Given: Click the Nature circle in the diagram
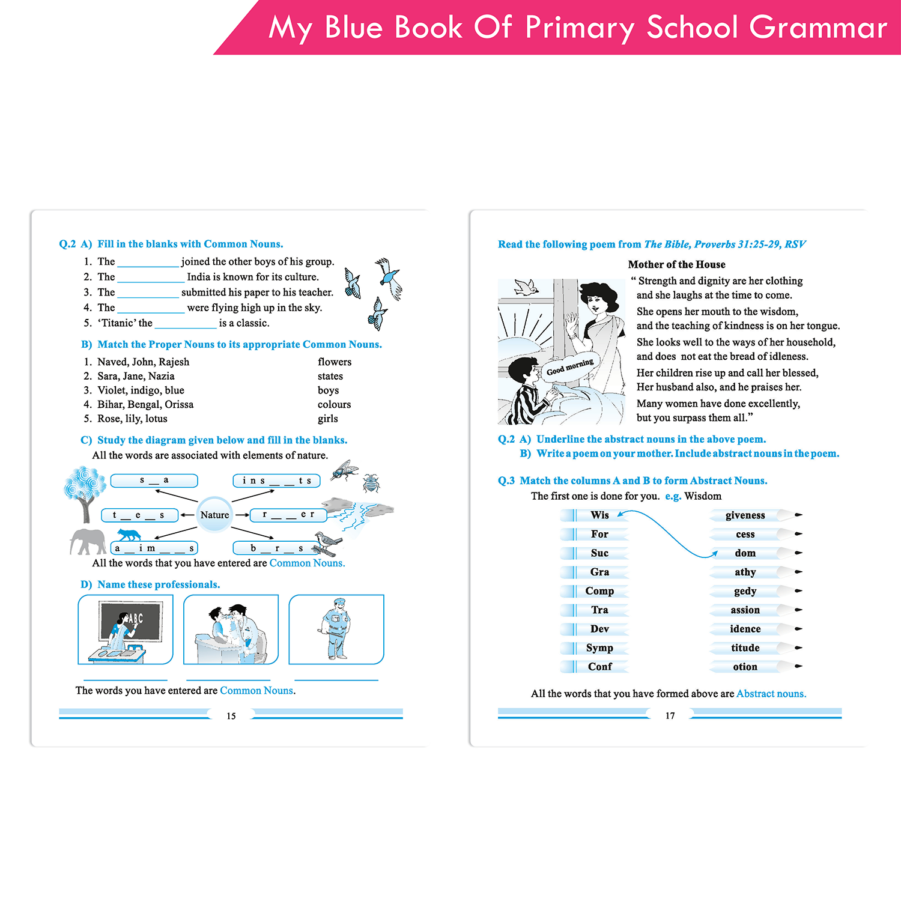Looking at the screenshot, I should (x=214, y=515).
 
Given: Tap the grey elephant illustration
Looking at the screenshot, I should (x=88, y=541).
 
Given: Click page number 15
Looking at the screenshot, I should (x=231, y=716).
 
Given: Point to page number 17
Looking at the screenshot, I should (x=670, y=716).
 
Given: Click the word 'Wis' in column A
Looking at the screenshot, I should (x=599, y=515).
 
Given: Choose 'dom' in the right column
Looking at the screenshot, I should (x=745, y=553).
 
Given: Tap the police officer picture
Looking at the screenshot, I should (x=336, y=629).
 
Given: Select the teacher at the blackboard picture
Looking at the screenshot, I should (x=126, y=629).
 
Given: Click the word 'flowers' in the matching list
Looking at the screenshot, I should (x=335, y=362).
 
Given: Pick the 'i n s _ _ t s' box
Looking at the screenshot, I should (x=276, y=481).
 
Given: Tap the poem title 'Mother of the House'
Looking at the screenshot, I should (x=676, y=264).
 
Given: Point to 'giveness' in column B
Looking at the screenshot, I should (x=745, y=515).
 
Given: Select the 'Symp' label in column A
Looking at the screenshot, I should (x=599, y=648).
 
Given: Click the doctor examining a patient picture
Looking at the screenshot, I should (x=231, y=629).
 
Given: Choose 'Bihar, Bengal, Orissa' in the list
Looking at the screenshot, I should (x=145, y=404).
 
